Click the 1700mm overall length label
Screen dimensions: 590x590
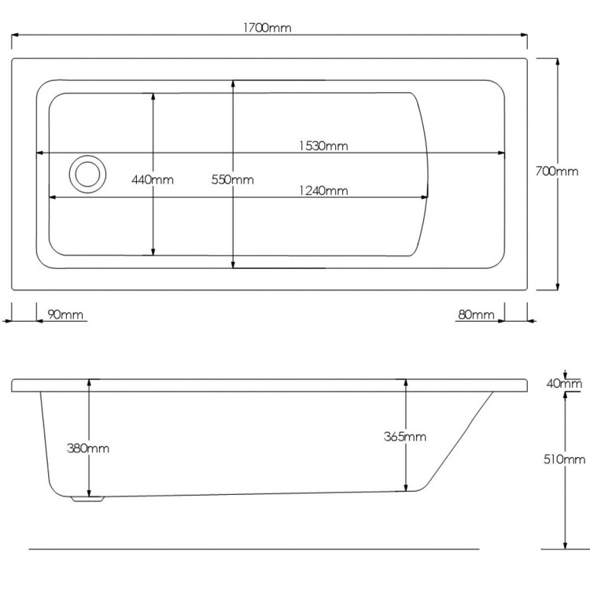coord(268,28)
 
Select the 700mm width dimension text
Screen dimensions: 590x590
coord(556,171)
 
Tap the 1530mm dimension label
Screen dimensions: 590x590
coord(323,146)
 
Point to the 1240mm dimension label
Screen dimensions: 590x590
coord(323,190)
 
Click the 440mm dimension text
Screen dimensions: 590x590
coord(153,179)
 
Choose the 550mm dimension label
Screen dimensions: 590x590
coord(233,179)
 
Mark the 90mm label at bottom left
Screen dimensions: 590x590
coord(65,315)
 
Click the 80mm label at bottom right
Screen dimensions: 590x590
coord(476,315)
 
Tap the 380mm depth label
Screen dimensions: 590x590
coord(89,448)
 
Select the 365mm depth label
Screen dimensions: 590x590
coord(406,437)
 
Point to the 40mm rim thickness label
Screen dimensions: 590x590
coord(565,384)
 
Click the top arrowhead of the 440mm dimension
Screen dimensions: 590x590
coord(153,96)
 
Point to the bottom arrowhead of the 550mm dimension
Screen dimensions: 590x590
coord(233,264)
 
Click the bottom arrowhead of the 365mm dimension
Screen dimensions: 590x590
coord(406,488)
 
